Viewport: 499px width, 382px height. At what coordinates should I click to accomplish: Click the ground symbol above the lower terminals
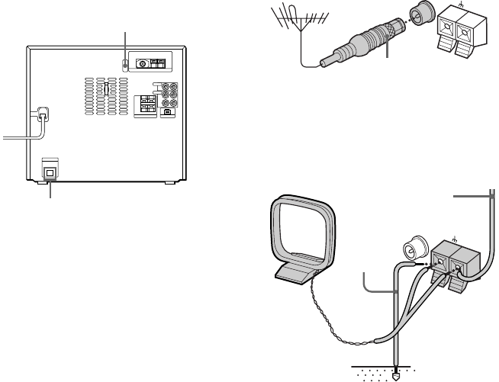pyautogui.click(x=456, y=238)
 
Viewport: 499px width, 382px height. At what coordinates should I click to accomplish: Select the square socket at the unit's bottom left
pyautogui.click(x=50, y=172)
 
